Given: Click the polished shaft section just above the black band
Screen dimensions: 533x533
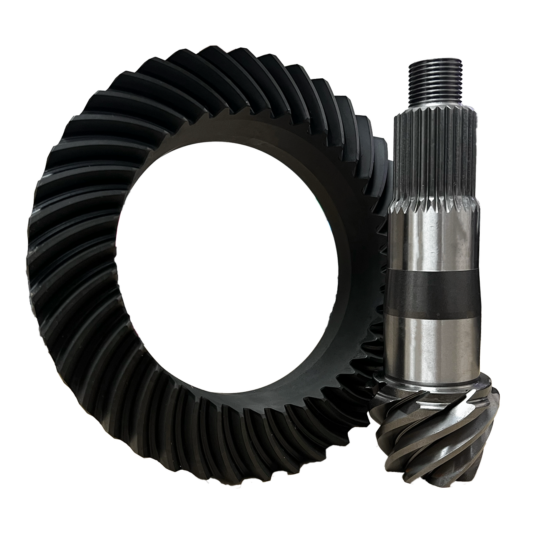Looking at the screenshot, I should (x=433, y=242).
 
